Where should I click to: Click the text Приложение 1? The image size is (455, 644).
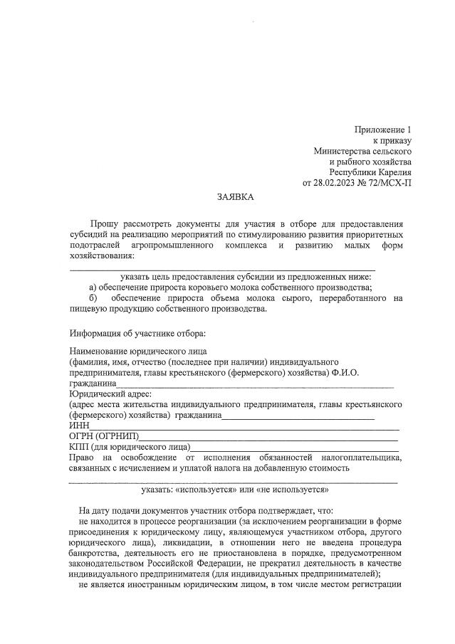pos(383,130)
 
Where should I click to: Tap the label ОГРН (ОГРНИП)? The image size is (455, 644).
pos(104,436)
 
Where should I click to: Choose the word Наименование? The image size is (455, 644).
pos(100,352)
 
